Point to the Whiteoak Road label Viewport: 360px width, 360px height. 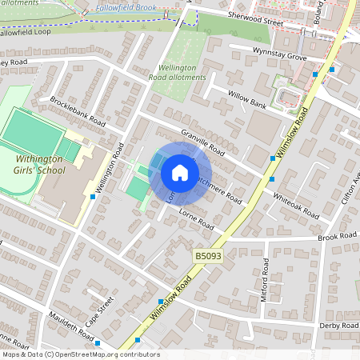(x=296, y=206)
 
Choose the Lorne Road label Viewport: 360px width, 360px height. (x=197, y=219)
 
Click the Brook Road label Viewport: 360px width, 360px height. (x=336, y=237)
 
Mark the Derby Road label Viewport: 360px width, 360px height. (x=338, y=326)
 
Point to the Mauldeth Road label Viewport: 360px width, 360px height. (x=68, y=326)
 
